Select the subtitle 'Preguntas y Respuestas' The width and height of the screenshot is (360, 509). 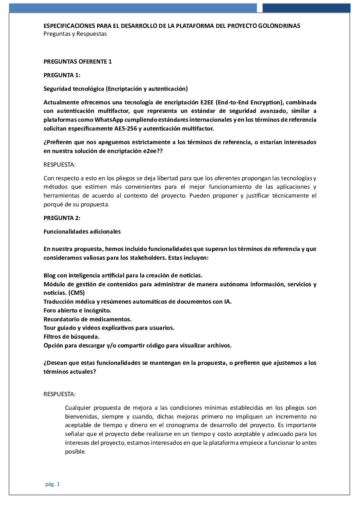(x=75, y=34)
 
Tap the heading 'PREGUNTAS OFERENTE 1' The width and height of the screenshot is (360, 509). (x=78, y=62)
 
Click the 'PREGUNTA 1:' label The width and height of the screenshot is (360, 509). (x=62, y=75)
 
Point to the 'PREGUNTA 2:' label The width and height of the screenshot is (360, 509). (x=62, y=218)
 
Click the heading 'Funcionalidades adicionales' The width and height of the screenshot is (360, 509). (x=82, y=232)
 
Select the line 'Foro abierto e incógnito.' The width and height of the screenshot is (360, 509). (x=77, y=310)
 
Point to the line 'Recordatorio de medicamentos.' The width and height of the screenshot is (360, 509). (x=87, y=319)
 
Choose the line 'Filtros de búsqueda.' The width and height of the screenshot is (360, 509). (x=71, y=337)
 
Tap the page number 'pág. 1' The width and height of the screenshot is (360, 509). (x=52, y=485)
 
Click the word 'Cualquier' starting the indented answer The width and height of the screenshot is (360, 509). (x=78, y=408)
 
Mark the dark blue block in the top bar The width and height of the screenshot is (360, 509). (x=306, y=8)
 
